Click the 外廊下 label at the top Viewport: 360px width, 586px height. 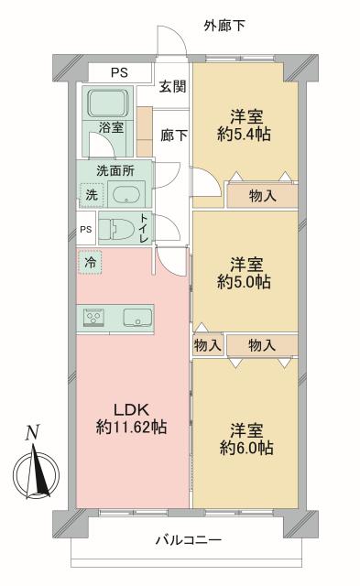pyautogui.click(x=224, y=25)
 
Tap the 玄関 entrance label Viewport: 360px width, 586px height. pyautogui.click(x=171, y=87)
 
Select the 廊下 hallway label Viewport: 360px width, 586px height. pyautogui.click(x=174, y=136)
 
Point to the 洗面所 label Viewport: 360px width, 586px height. pyautogui.click(x=116, y=170)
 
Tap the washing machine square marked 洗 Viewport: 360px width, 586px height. pyautogui.click(x=91, y=194)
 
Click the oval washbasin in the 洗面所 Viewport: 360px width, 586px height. pyautogui.click(x=125, y=194)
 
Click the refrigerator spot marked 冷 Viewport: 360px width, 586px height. pyautogui.click(x=90, y=262)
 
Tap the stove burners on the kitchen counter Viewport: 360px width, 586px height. pyautogui.click(x=93, y=318)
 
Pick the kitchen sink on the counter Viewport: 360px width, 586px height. pyautogui.click(x=136, y=318)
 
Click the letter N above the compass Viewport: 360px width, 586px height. pyautogui.click(x=32, y=433)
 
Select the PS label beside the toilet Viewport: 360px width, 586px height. pyautogui.click(x=85, y=229)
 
